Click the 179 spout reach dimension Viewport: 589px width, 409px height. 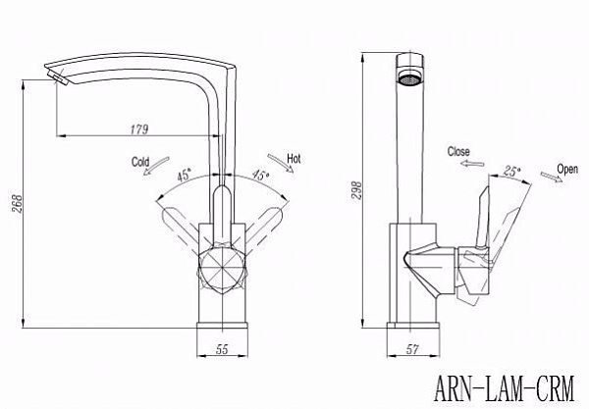pyautogui.click(x=139, y=129)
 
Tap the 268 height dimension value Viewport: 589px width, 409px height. pyautogui.click(x=18, y=204)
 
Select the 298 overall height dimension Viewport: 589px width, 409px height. pyautogui.click(x=357, y=190)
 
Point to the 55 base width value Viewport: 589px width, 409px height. pyautogui.click(x=222, y=349)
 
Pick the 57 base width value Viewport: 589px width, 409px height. pyautogui.click(x=412, y=349)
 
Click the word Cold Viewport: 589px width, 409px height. pyautogui.click(x=140, y=162)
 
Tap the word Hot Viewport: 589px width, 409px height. pyautogui.click(x=294, y=159)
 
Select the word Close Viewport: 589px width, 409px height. pyautogui.click(x=458, y=152)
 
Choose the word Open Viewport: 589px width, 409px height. pyautogui.click(x=567, y=170)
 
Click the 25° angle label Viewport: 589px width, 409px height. pyautogui.click(x=512, y=172)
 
